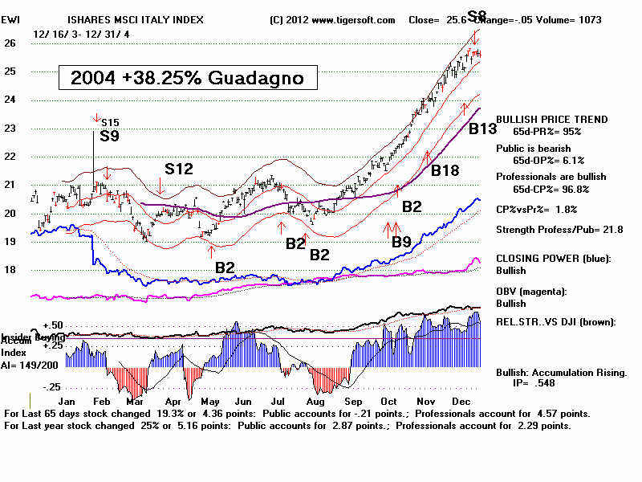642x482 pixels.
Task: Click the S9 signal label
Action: (110, 137)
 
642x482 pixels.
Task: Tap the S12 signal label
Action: (179, 169)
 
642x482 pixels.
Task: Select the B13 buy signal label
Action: (485, 129)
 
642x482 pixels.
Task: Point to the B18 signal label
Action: (446, 170)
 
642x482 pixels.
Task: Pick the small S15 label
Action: (110, 122)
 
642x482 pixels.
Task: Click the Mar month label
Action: (134, 400)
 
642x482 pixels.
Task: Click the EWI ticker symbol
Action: (12, 18)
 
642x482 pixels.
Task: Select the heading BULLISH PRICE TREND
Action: (552, 120)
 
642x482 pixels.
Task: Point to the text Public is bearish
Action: (534, 148)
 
